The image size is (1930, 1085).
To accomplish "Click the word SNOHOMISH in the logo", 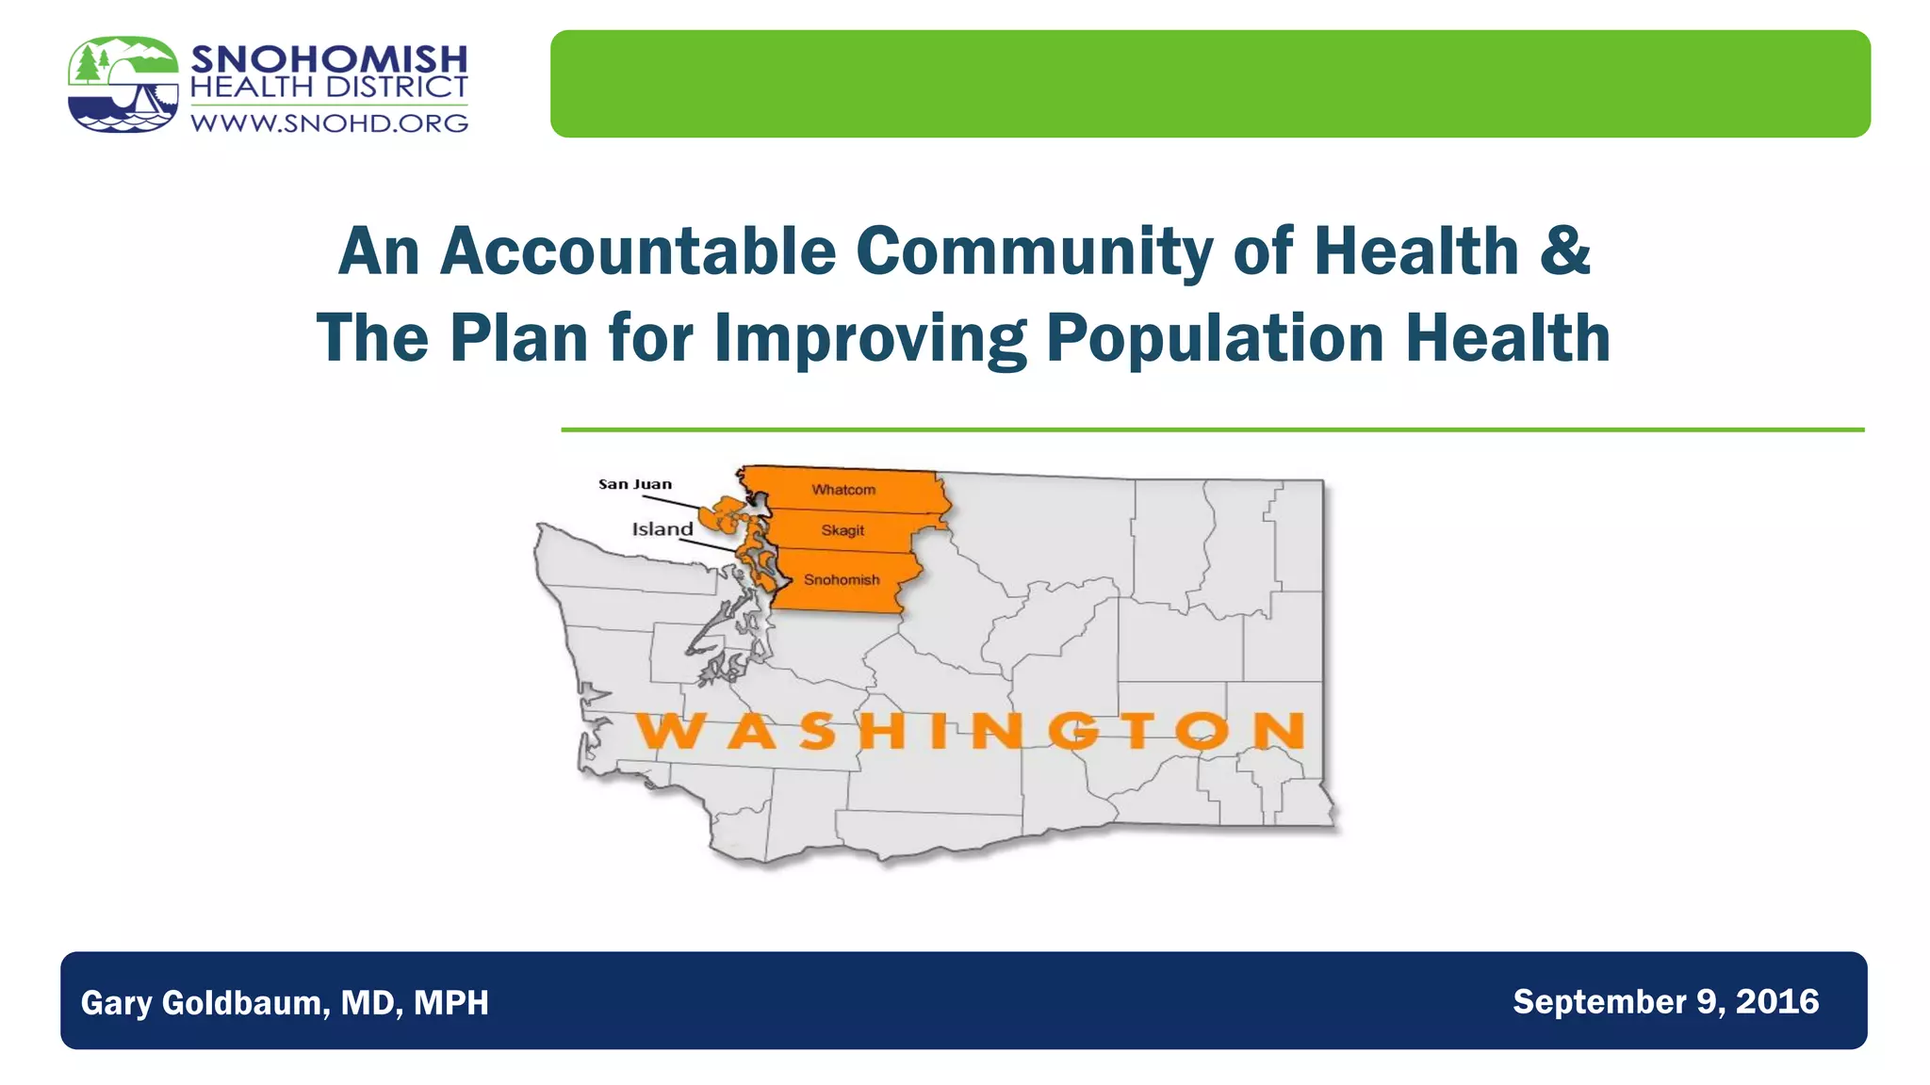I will click(x=329, y=59).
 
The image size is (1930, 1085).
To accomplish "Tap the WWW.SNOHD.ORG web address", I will click(x=329, y=123).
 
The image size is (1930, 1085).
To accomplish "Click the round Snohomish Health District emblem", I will click(x=123, y=85).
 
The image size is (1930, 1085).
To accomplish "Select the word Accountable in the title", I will click(x=638, y=251).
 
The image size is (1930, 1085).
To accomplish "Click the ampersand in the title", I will click(x=1565, y=251).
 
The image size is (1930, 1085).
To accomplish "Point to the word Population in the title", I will click(x=1215, y=338).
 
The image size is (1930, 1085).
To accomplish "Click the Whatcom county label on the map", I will click(x=843, y=490).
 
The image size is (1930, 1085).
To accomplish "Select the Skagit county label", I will click(x=842, y=530).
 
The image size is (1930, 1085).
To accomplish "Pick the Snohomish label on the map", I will click(x=842, y=580).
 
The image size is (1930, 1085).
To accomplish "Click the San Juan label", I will click(x=635, y=484).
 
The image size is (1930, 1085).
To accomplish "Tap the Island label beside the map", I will click(x=662, y=529).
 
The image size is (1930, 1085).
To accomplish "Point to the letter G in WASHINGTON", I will click(x=1073, y=732).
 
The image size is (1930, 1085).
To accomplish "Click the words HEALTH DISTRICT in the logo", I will click(x=329, y=88).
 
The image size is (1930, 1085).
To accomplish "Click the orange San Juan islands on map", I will click(x=725, y=516).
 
